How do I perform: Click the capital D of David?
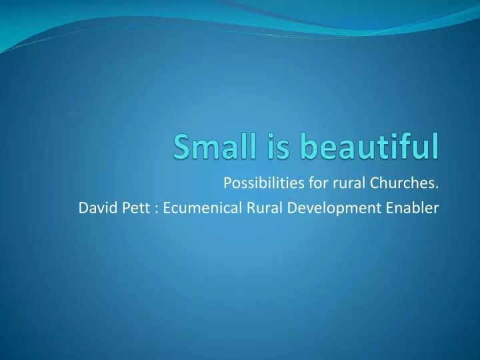click(x=83, y=207)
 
